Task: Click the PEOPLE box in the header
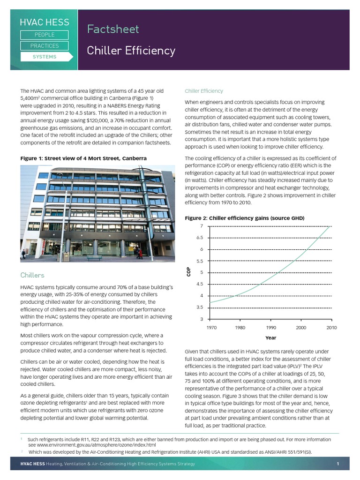point(45,35)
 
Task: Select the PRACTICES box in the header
point(45,46)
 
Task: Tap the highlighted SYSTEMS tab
point(45,57)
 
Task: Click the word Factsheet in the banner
point(113,29)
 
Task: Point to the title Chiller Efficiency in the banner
point(131,51)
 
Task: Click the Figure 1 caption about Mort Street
point(83,158)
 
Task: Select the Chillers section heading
point(32,275)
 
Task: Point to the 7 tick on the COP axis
point(202,226)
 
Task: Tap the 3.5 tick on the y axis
point(200,307)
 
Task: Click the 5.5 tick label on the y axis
point(200,261)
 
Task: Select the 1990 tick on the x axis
point(271,328)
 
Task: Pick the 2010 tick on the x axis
point(331,328)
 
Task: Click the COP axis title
point(189,272)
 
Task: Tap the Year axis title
point(270,338)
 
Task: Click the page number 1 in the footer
point(337,464)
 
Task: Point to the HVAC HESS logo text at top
point(44,22)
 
